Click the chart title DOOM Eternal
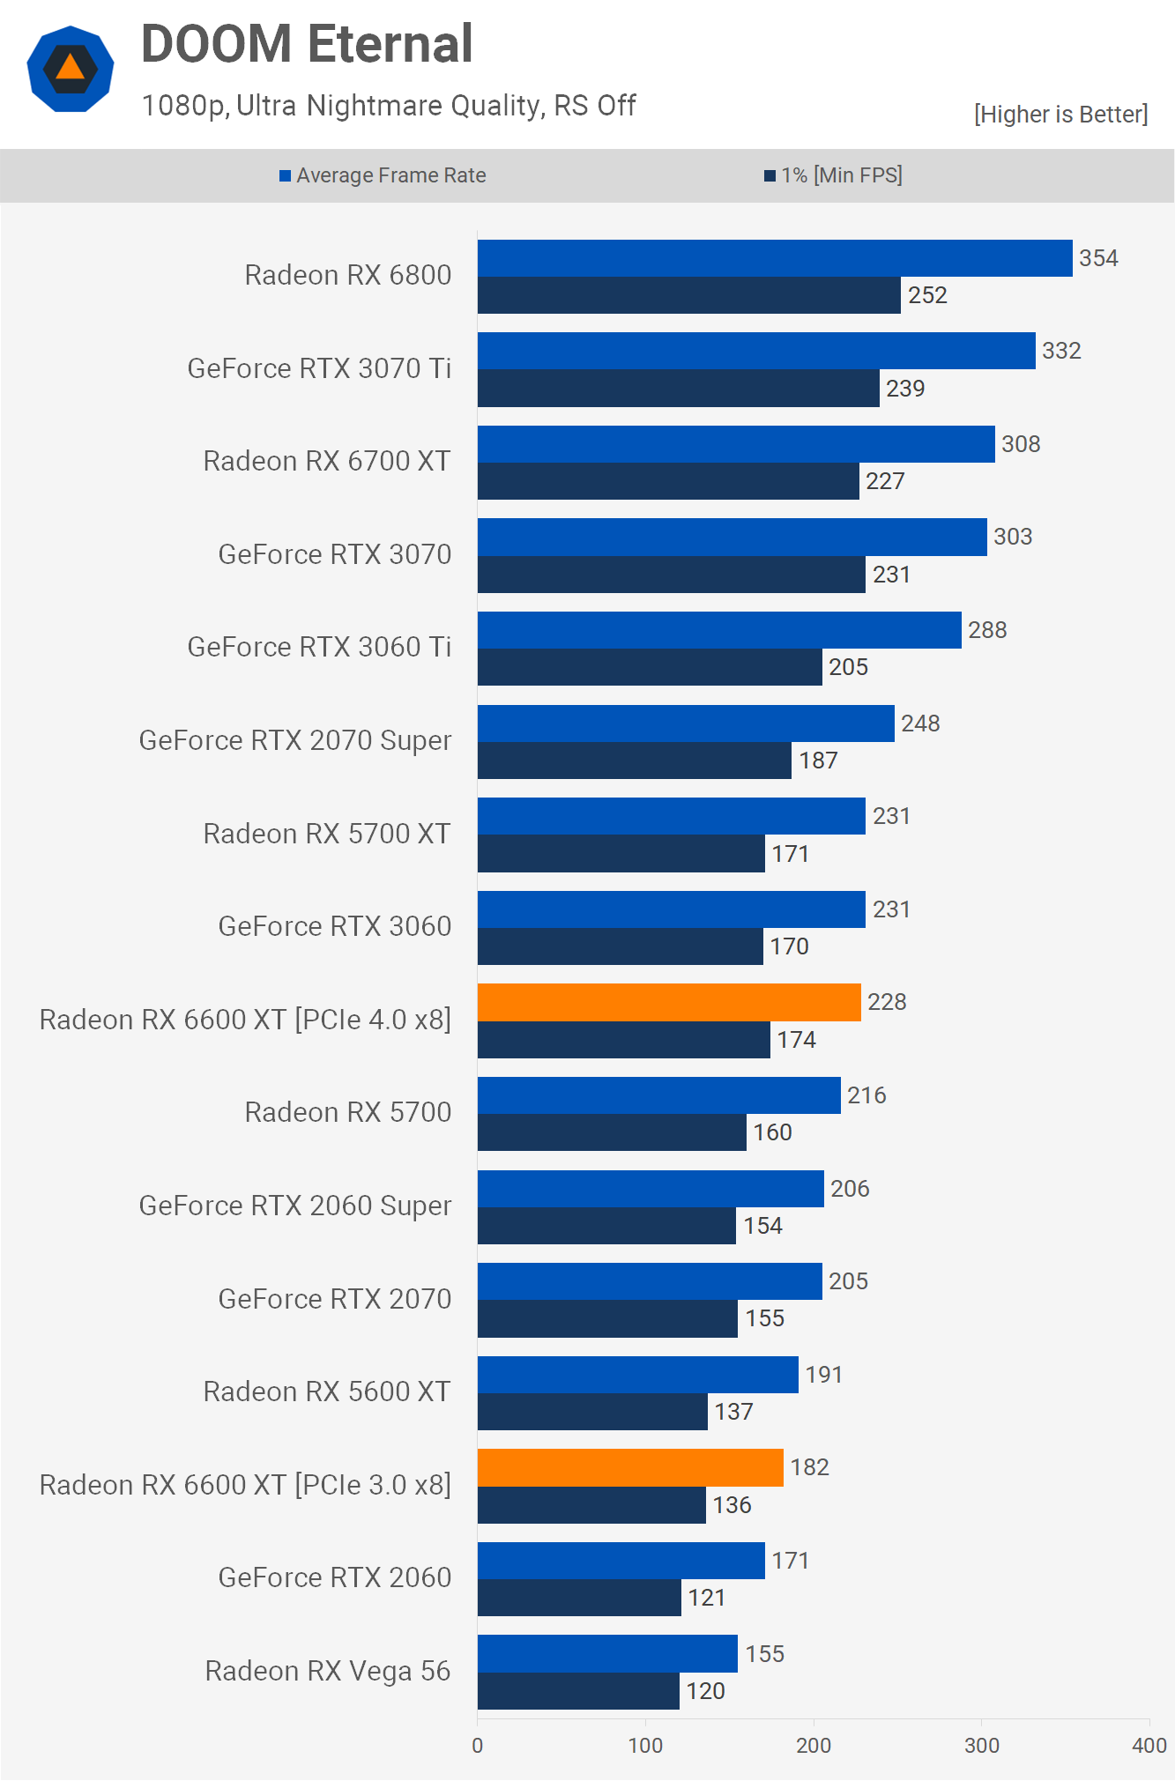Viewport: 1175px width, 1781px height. pyautogui.click(x=307, y=44)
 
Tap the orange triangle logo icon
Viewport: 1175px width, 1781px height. pyautogui.click(x=71, y=69)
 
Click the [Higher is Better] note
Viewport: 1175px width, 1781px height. pyautogui.click(x=1060, y=115)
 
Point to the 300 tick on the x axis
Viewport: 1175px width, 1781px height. pyautogui.click(x=981, y=1745)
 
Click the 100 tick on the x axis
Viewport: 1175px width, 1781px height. pyautogui.click(x=645, y=1745)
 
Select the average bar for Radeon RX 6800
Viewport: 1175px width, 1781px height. pyautogui.click(x=775, y=258)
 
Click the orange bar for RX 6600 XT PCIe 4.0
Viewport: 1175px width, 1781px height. pyautogui.click(x=669, y=1002)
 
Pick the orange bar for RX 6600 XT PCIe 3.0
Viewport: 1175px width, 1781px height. pyautogui.click(x=630, y=1467)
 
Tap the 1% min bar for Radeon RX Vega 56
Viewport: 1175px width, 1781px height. pyautogui.click(x=578, y=1690)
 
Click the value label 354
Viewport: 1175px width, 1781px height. pyautogui.click(x=1098, y=258)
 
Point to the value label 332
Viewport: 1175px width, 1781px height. pyautogui.click(x=1061, y=351)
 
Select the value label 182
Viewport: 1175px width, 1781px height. pyautogui.click(x=809, y=1467)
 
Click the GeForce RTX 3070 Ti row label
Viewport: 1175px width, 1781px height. pyautogui.click(x=319, y=368)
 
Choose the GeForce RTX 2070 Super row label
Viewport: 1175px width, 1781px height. pyautogui.click(x=295, y=740)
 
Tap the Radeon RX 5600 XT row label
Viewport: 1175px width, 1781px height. pyautogui.click(x=327, y=1391)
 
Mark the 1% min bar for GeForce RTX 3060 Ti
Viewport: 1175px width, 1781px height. pyautogui.click(x=650, y=667)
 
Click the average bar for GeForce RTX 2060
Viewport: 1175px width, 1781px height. pyautogui.click(x=621, y=1561)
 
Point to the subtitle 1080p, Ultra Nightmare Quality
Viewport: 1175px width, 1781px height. pyautogui.click(x=389, y=106)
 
